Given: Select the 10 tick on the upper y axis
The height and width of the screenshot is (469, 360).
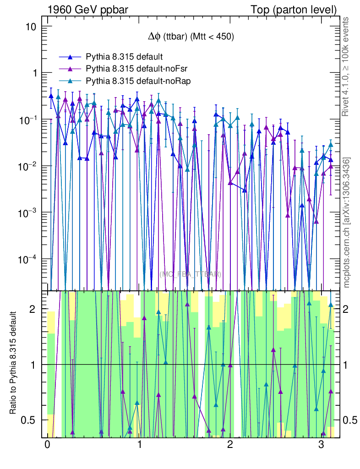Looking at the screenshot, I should click(32, 27).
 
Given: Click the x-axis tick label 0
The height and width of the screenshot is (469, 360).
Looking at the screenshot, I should click(47, 445).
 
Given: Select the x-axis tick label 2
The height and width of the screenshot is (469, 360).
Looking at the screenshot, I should click(230, 445).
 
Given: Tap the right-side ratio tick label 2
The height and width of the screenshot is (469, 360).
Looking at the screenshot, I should click(349, 310).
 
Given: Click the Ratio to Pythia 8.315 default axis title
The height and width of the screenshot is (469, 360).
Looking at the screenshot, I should click(14, 363).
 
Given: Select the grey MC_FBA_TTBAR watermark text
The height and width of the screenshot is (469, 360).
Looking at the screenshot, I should click(190, 274).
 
